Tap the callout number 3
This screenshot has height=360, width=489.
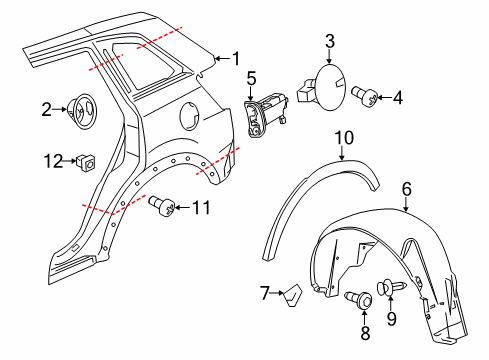click(330, 41)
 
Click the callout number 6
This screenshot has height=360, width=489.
click(406, 187)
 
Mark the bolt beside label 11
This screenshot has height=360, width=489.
click(165, 206)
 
